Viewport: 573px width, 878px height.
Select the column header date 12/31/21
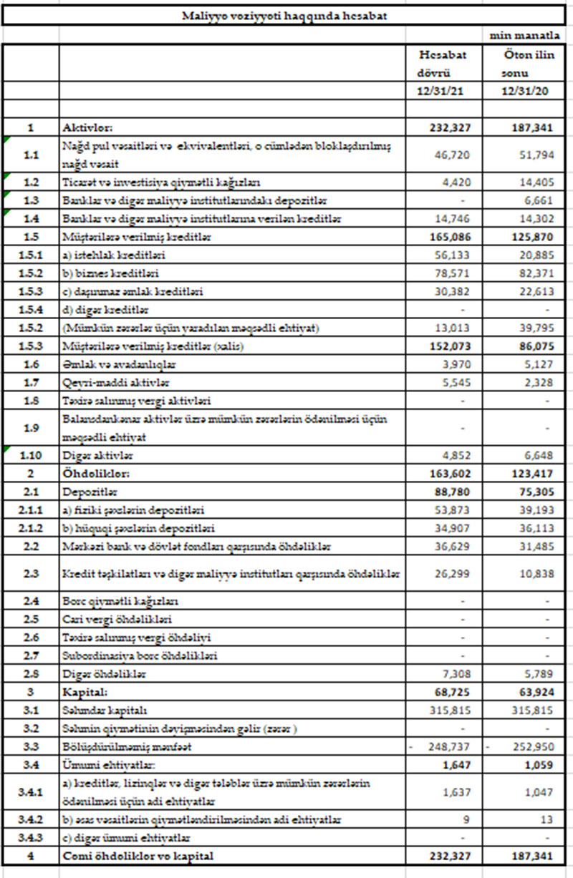(443, 91)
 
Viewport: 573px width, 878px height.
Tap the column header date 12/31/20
(526, 91)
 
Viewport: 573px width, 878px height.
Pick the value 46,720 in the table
(451, 153)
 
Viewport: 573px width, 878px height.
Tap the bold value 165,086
(448, 236)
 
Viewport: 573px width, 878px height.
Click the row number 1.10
(31, 454)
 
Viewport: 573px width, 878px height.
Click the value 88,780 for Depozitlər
(451, 492)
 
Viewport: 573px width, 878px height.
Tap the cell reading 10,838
(534, 574)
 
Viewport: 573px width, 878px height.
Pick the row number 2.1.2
(31, 528)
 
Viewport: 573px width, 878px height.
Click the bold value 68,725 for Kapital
(451, 693)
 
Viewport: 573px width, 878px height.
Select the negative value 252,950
(531, 747)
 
